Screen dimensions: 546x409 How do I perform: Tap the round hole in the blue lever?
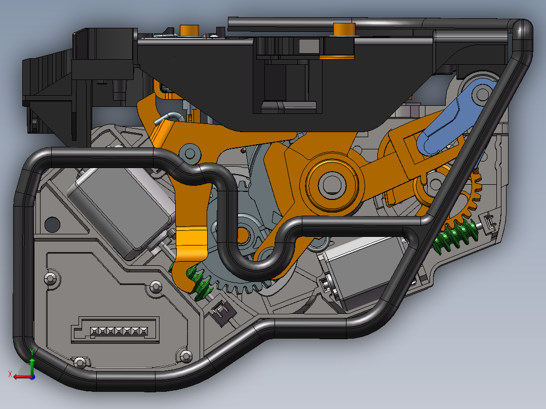tap(482, 93)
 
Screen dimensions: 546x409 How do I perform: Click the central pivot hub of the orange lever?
tap(332, 183)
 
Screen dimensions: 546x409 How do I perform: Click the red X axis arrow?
tap(23, 377)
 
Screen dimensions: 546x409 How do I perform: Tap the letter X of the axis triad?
tap(10, 374)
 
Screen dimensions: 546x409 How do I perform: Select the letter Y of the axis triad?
tap(32, 352)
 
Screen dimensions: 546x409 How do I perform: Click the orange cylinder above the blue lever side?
tap(344, 29)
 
